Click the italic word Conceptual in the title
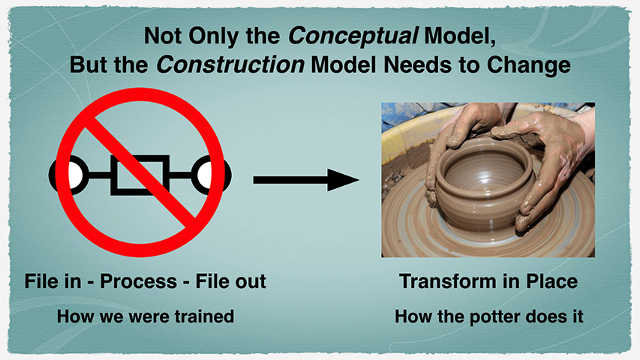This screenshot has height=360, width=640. (353, 37)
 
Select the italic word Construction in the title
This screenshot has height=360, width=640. (230, 65)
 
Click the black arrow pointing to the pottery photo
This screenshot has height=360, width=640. (306, 179)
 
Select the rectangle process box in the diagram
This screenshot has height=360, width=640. (140, 175)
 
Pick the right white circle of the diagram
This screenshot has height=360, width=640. (205, 175)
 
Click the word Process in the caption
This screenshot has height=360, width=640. (138, 281)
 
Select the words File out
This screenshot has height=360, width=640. (230, 281)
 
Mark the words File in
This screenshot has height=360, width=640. (53, 281)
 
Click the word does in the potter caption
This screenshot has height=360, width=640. (544, 316)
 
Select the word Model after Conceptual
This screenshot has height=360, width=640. (460, 37)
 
